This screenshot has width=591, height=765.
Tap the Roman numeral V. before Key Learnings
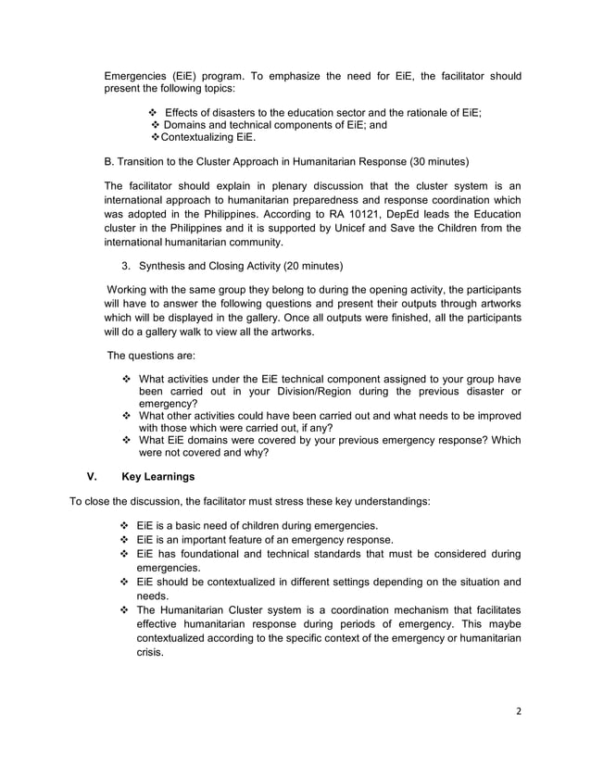[x=92, y=478]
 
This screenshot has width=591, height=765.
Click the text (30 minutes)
[x=434, y=161]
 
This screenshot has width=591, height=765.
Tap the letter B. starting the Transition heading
[x=109, y=161]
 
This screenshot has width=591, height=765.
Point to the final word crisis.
[x=150, y=653]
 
